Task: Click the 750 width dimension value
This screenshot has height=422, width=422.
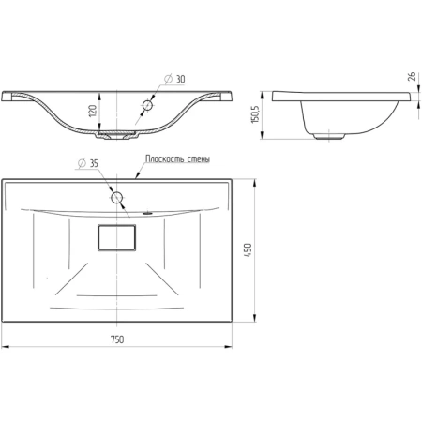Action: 117,339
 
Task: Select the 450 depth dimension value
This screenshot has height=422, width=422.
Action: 248,250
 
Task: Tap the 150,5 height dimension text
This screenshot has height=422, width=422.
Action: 255,114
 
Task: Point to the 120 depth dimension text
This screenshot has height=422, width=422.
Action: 93,112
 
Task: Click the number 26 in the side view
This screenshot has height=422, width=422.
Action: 412,77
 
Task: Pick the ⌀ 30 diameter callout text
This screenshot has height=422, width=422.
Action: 174,79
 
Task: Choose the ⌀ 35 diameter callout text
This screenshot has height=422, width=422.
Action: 88,163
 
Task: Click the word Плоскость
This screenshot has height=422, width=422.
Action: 165,158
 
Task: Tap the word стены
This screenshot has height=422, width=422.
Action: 199,159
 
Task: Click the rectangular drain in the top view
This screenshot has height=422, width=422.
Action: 116,237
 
